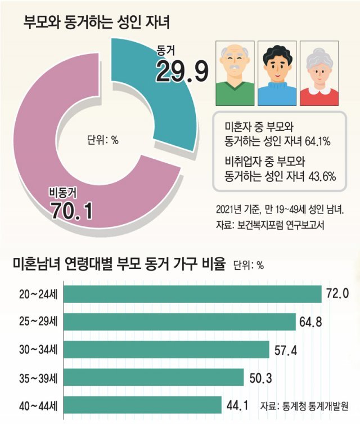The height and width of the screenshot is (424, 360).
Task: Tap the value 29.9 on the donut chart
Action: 182,72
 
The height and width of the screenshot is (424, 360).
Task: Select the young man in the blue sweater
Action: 276,73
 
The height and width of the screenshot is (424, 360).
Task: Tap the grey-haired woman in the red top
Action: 319,73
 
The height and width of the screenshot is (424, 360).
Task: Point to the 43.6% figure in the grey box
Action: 322,177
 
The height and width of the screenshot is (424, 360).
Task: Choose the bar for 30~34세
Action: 166,349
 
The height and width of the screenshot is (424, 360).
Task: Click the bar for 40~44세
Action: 143,404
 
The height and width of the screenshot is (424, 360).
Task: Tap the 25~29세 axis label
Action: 38,322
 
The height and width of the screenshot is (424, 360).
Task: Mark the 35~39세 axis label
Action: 38,377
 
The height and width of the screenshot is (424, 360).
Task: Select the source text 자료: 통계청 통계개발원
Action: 304,405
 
